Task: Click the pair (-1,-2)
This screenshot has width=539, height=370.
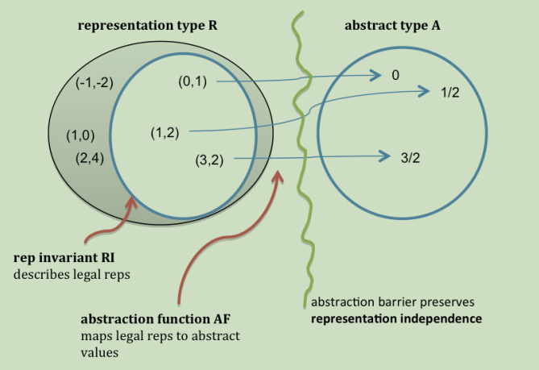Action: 95,84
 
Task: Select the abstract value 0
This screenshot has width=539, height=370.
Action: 396,76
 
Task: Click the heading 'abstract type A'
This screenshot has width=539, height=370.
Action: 392,25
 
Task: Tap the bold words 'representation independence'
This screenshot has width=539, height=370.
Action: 396,318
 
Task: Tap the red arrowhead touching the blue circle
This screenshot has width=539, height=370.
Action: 131,200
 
